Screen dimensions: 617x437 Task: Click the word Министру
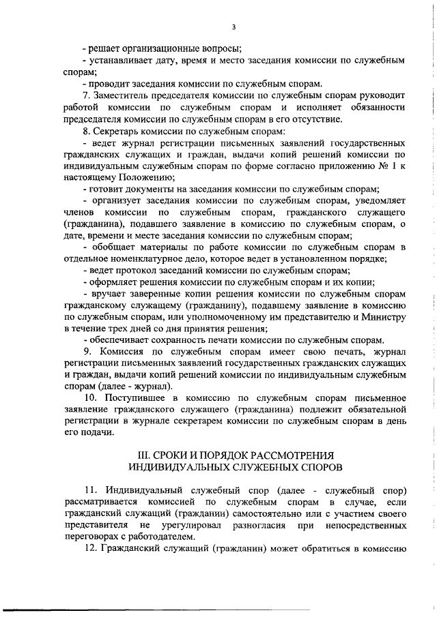click(382, 317)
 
